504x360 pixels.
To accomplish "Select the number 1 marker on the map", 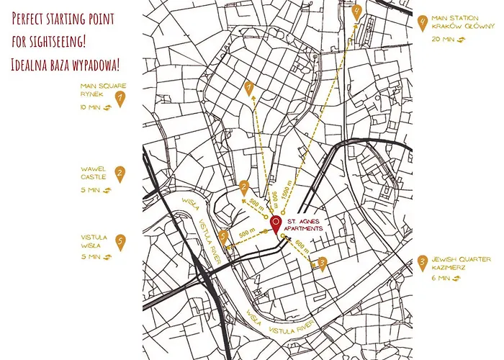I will (249, 88).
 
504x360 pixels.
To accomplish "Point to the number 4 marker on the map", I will (357, 12).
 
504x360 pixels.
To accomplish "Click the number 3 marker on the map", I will (323, 264).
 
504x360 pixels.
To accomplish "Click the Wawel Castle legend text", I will (94, 173).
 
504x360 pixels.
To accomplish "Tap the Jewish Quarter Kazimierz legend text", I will (462, 263).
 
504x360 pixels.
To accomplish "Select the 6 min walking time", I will (440, 277).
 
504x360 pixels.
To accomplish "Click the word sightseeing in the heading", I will (66, 38).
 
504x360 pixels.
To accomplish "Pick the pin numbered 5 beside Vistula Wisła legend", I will (120, 243).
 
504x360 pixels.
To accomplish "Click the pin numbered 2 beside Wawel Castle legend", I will (120, 174).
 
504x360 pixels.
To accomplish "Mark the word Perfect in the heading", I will (30, 16).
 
